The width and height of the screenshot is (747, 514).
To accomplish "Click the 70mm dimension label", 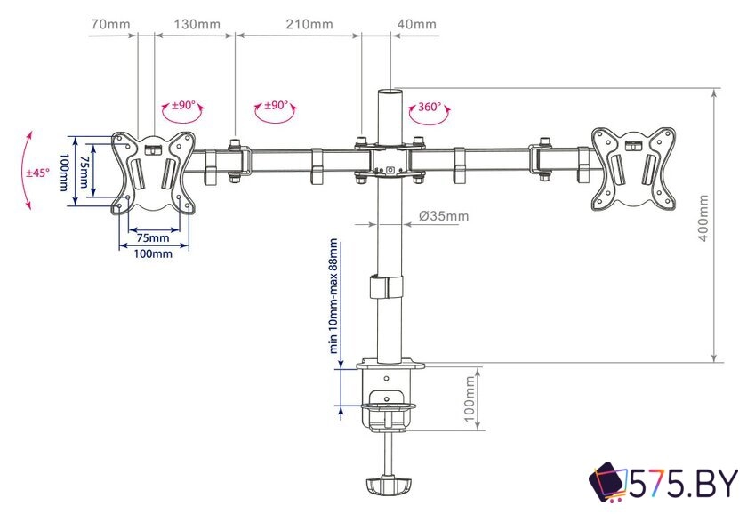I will [110, 24].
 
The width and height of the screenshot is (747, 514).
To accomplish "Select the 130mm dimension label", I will [197, 24].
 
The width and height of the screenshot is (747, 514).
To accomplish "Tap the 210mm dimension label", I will [309, 24].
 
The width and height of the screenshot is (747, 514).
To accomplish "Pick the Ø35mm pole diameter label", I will [443, 215].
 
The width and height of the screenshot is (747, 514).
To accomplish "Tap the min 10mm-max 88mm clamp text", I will [334, 296].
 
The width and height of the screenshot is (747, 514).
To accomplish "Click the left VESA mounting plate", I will [154, 172].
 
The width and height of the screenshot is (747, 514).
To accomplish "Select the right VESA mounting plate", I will [632, 169].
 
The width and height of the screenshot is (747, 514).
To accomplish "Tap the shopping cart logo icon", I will [609, 484].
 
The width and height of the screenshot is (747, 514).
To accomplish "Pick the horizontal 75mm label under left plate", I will [153, 237].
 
